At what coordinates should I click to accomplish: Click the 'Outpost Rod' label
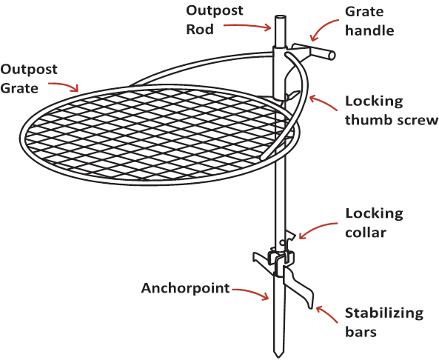click(x=215, y=20)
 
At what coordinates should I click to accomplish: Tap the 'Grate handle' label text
click(x=369, y=21)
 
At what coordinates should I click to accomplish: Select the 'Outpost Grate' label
click(x=29, y=79)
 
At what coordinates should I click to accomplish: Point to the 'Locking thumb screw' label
click(x=392, y=110)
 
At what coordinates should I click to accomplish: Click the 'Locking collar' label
click(x=374, y=223)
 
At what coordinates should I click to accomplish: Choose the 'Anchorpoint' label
click(x=185, y=288)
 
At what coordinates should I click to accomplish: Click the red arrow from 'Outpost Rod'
click(x=247, y=26)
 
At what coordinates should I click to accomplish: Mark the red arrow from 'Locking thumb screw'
click(x=323, y=102)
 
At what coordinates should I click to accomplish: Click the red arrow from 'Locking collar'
click(x=316, y=227)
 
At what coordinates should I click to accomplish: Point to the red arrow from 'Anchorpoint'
click(x=251, y=292)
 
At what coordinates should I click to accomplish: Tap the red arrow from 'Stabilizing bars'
click(x=326, y=314)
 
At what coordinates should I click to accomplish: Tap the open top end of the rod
click(x=281, y=17)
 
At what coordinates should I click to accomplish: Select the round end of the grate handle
click(x=331, y=56)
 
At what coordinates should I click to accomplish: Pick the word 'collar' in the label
click(x=366, y=233)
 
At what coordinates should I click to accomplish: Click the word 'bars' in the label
click(x=361, y=332)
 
